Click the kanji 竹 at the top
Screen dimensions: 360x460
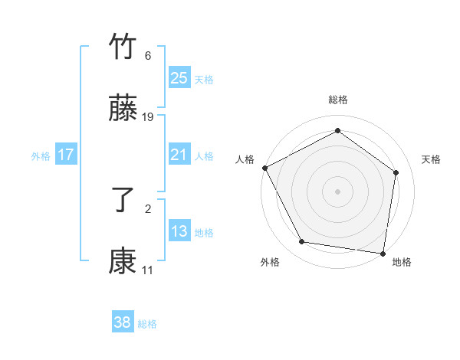pos(123,47)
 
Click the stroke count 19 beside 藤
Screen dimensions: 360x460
pos(148,117)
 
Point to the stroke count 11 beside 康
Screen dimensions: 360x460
pos(148,270)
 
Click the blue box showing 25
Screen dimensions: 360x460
pos(179,78)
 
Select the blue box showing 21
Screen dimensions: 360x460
pos(179,155)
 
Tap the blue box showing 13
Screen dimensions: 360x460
pos(179,231)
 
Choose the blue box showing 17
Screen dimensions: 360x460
pos(66,155)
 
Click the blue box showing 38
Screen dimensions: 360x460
pos(123,322)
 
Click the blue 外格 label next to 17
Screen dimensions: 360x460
pos(41,155)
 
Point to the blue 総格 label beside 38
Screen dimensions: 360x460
pos(147,324)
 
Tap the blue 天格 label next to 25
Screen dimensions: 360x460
pos(204,79)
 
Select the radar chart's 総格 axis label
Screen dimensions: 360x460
pos(337,100)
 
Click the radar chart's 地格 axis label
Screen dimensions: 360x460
pos(402,263)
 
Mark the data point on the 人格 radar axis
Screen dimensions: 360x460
pos(264,168)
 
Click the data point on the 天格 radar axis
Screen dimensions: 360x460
pos(396,172)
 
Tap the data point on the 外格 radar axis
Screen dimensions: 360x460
pos(302,242)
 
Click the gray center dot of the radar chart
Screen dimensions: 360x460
pos(337,191)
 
